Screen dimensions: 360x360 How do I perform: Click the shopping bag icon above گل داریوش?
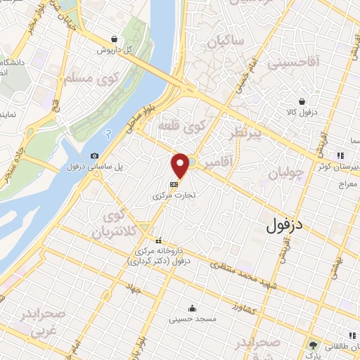tap(115, 39)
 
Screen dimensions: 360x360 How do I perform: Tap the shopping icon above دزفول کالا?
tap(302, 102)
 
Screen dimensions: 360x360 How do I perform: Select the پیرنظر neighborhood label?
tap(242, 134)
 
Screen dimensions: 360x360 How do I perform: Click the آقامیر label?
tap(219, 164)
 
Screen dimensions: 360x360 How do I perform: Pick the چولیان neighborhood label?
tap(285, 172)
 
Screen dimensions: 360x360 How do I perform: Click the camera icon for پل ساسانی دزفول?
tap(95, 156)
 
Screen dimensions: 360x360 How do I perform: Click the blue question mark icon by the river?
tap(107, 132)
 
